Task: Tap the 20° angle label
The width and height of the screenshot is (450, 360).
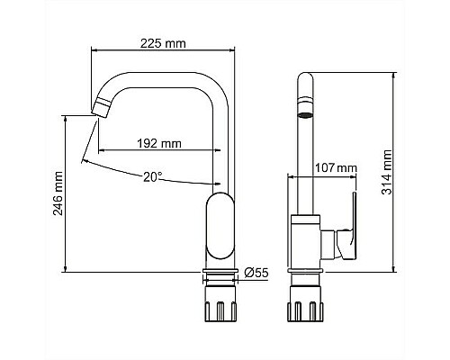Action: (x=154, y=176)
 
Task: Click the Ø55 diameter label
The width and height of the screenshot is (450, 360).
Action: (x=257, y=271)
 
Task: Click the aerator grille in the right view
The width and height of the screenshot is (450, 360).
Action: (x=305, y=114)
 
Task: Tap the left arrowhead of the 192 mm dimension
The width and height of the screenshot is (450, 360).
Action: (x=101, y=148)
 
